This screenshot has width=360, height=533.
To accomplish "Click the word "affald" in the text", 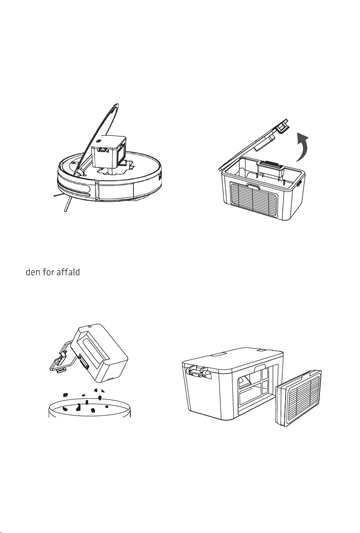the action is pyautogui.click(x=68, y=272).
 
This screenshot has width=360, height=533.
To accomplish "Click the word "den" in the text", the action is pyautogui.click(x=33, y=272).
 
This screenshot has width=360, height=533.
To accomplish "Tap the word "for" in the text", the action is pyautogui.click(x=49, y=272).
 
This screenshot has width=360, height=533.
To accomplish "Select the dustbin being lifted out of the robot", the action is pyautogui.click(x=109, y=152).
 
